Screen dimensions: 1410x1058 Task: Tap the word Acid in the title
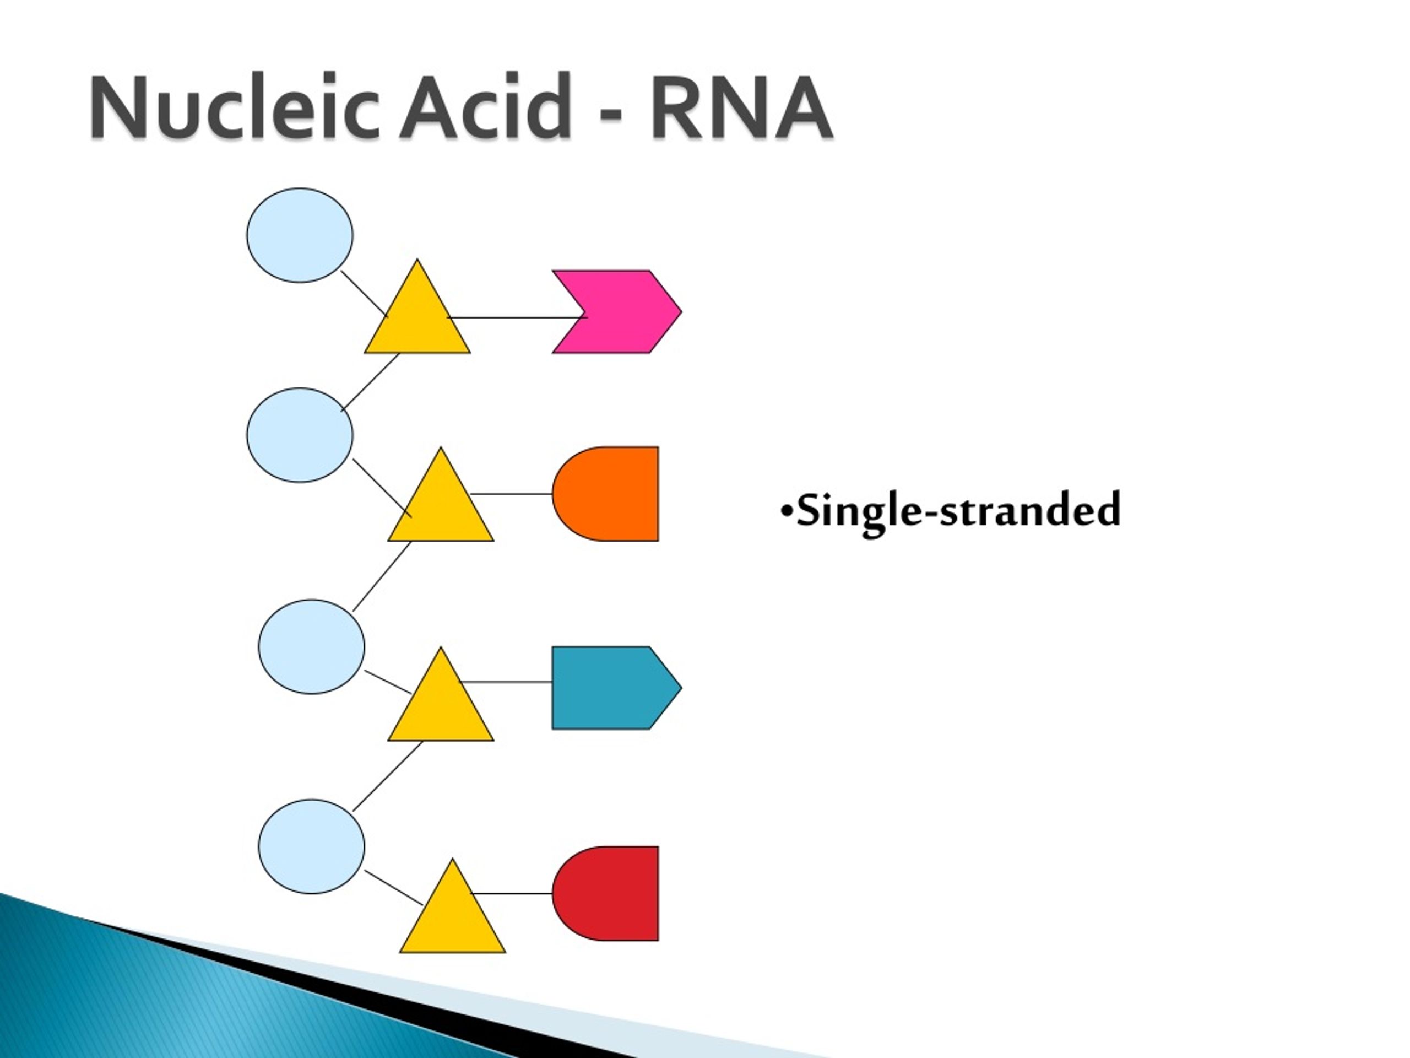tap(485, 106)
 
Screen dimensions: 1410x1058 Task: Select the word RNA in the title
tap(741, 106)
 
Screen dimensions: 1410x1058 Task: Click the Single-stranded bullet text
tap(950, 510)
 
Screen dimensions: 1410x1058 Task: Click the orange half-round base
tap(605, 494)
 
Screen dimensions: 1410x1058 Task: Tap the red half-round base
tap(605, 893)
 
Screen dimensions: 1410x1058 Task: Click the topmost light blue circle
tap(300, 235)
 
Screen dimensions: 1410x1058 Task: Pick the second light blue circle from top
tap(300, 435)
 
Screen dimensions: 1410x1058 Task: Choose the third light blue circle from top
tap(312, 647)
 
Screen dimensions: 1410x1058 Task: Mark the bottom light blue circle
tap(312, 846)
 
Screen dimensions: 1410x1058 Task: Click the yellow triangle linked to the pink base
tap(417, 319)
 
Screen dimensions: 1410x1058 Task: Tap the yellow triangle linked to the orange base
tap(441, 507)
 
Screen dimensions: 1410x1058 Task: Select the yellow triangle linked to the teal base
tap(441, 706)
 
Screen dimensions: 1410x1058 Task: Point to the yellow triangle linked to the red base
tap(453, 919)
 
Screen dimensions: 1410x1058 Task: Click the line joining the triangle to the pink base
tap(517, 317)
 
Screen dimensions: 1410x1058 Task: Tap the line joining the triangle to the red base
tap(511, 893)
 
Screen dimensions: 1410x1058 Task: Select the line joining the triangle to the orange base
tap(511, 494)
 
